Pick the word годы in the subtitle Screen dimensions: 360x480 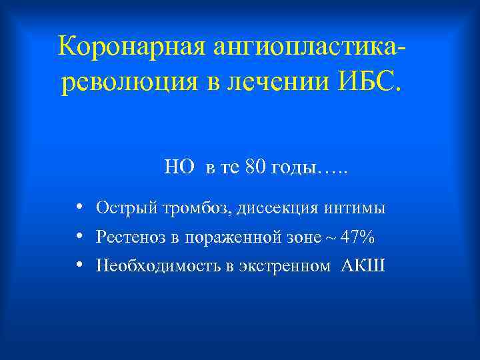[294, 168]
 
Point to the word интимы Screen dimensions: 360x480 [355, 208]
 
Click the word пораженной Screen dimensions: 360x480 [227, 237]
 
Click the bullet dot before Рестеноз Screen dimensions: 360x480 [79, 236]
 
